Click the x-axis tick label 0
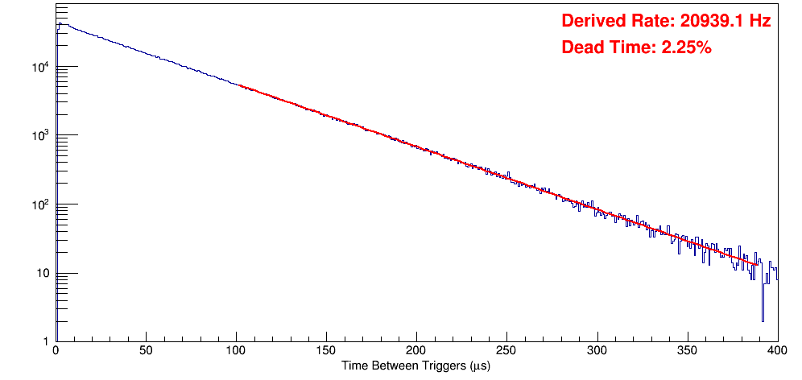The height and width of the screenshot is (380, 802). click(x=56, y=351)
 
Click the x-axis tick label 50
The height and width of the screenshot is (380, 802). click(x=146, y=351)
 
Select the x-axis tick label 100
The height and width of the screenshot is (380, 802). click(x=236, y=351)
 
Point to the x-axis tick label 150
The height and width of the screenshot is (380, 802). click(x=326, y=351)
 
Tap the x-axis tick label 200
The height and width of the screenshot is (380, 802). click(x=416, y=351)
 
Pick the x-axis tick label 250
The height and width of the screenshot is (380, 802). click(x=506, y=351)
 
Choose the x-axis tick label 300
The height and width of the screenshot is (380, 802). click(x=597, y=351)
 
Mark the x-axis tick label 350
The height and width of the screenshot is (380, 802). click(x=687, y=351)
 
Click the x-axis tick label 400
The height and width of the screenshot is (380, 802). click(x=777, y=351)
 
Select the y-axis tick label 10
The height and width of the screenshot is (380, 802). click(x=43, y=274)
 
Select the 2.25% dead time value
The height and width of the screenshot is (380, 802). click(x=686, y=47)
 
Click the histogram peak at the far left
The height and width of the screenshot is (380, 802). click(x=59, y=23)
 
